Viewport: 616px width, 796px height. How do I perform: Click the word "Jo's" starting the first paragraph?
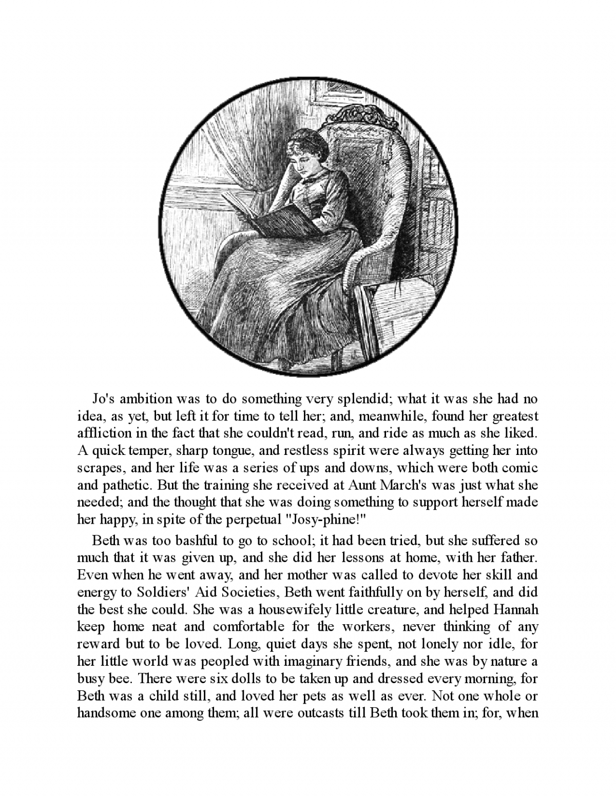(x=104, y=399)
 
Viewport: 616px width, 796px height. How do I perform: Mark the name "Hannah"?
(x=515, y=610)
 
